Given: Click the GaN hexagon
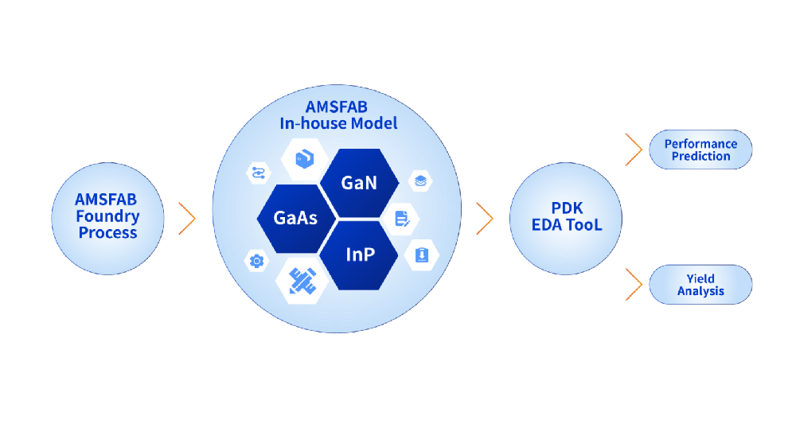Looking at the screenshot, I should [x=359, y=183].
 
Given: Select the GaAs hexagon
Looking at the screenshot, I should [x=295, y=217].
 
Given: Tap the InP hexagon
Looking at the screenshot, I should [x=359, y=255].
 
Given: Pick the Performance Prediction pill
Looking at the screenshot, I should [x=700, y=150].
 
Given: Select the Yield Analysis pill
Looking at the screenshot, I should [x=700, y=285].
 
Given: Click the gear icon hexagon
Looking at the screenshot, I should [x=256, y=260].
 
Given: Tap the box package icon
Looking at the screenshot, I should [x=305, y=157].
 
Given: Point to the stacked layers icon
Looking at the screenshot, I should [x=420, y=181].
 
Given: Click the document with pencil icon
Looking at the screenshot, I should [x=402, y=218].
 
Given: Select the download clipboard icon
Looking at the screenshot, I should [x=422, y=255].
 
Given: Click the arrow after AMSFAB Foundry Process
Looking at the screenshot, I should [x=188, y=219].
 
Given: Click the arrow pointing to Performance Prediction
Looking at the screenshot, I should [x=634, y=150].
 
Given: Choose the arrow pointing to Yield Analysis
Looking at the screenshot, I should [x=634, y=285].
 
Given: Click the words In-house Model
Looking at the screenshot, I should [x=338, y=123].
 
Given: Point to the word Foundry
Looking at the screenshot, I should [x=107, y=216].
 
